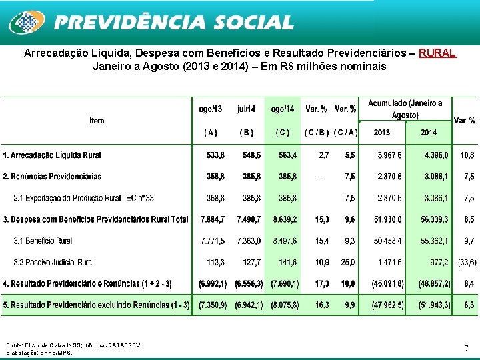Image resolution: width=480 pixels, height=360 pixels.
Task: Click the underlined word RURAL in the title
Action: tap(437, 52)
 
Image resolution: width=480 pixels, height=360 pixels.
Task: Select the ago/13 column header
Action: tap(210, 109)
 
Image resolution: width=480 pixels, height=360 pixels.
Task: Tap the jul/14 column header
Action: tap(246, 109)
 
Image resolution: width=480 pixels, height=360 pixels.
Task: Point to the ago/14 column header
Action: tap(282, 109)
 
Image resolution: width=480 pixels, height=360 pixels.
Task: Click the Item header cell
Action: tap(97, 121)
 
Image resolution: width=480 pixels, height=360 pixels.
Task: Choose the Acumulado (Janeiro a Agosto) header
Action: tap(405, 109)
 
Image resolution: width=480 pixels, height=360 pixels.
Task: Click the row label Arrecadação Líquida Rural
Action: tap(52, 155)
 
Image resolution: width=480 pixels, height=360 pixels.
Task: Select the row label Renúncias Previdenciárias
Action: tap(52, 177)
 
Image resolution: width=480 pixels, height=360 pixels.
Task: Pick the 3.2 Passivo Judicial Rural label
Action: tap(53, 262)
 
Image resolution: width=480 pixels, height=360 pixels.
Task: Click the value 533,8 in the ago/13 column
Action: tap(215, 155)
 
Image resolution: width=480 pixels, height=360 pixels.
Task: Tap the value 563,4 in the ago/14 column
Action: tap(287, 155)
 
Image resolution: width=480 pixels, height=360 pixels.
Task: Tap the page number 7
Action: tap(467, 348)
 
